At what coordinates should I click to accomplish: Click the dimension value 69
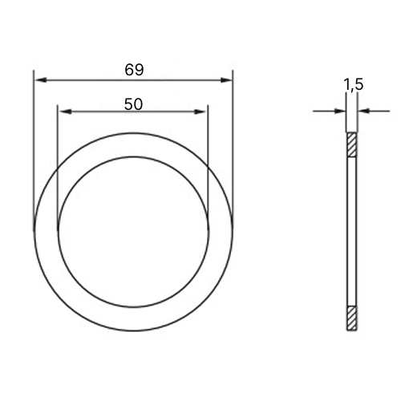(134, 70)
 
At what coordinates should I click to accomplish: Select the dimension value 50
(133, 104)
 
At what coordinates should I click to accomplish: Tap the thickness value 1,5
(354, 84)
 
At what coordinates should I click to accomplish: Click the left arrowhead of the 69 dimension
(41, 80)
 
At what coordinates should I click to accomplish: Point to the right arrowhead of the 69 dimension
(226, 80)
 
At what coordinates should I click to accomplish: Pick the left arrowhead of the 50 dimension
(65, 111)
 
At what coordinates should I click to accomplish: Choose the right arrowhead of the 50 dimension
(200, 111)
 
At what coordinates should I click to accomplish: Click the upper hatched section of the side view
(352, 144)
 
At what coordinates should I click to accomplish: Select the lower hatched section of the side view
(352, 318)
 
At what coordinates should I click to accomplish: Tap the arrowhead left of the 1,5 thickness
(340, 111)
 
